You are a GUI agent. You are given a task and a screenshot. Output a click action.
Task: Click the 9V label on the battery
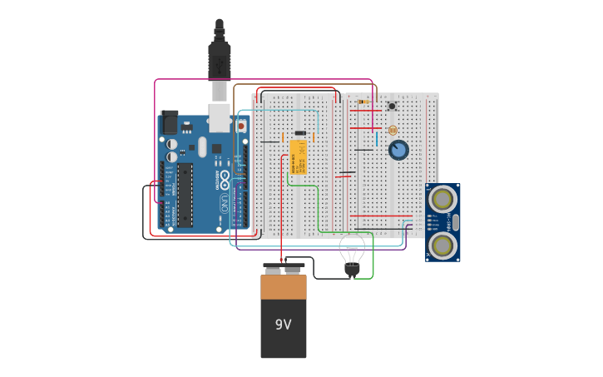click(x=283, y=325)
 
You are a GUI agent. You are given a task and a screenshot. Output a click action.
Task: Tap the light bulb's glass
click(x=352, y=249)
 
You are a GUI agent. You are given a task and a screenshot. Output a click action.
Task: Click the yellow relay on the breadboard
click(x=298, y=156)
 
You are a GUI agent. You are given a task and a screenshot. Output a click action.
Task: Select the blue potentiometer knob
click(x=398, y=150)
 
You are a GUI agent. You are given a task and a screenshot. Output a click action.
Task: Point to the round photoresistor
click(x=393, y=130)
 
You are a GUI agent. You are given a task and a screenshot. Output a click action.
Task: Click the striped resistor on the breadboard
click(x=363, y=102)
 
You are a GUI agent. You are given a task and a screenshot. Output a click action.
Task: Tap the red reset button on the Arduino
click(x=241, y=126)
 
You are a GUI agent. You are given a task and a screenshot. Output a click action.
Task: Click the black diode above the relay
click(x=300, y=133)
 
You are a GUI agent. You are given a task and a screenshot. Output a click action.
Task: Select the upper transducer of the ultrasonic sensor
click(x=442, y=200)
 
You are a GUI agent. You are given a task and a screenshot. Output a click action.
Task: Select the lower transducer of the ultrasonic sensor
click(x=442, y=245)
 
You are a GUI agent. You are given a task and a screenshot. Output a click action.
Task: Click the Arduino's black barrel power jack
click(x=169, y=122)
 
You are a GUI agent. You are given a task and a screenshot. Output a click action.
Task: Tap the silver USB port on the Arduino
click(x=220, y=117)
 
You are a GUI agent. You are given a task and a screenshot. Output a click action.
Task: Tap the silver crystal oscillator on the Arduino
click(x=202, y=147)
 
